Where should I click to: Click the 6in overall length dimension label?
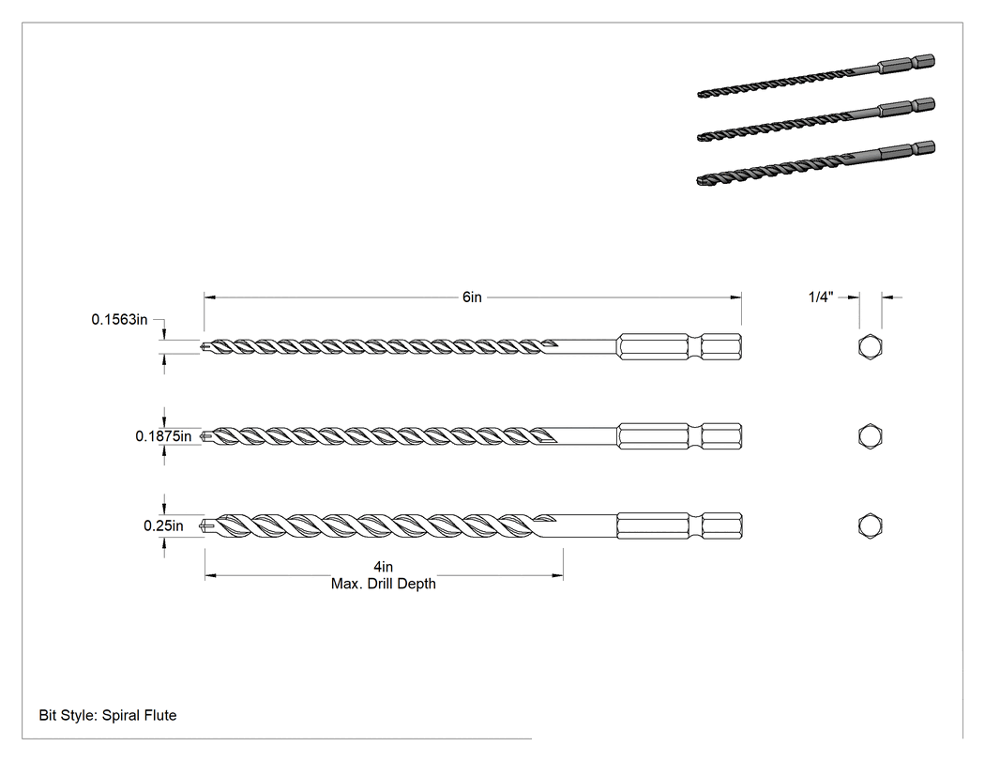pyautogui.click(x=472, y=297)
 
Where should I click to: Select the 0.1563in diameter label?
pyautogui.click(x=119, y=320)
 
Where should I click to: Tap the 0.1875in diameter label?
pyautogui.click(x=163, y=436)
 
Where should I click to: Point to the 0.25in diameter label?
pyautogui.click(x=163, y=526)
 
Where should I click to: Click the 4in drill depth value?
pyautogui.click(x=383, y=567)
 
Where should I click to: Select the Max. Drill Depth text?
pyautogui.click(x=383, y=584)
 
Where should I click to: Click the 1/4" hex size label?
pyautogui.click(x=821, y=297)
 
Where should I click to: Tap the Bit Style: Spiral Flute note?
pyautogui.click(x=108, y=715)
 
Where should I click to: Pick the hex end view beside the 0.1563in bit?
pyautogui.click(x=870, y=347)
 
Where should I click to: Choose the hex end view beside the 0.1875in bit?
pyautogui.click(x=870, y=436)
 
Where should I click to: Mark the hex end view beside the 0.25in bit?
pyautogui.click(x=870, y=526)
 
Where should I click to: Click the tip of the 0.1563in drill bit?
pyautogui.click(x=201, y=347)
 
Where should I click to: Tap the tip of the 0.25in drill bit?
pyautogui.click(x=201, y=526)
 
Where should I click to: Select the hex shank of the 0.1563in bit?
pyautogui.click(x=679, y=347)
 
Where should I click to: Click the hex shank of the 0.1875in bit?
pyautogui.click(x=679, y=436)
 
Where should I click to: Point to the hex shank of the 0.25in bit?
pyautogui.click(x=679, y=526)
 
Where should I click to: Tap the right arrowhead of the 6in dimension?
pyautogui.click(x=735, y=297)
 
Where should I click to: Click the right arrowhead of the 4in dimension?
pyautogui.click(x=557, y=575)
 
